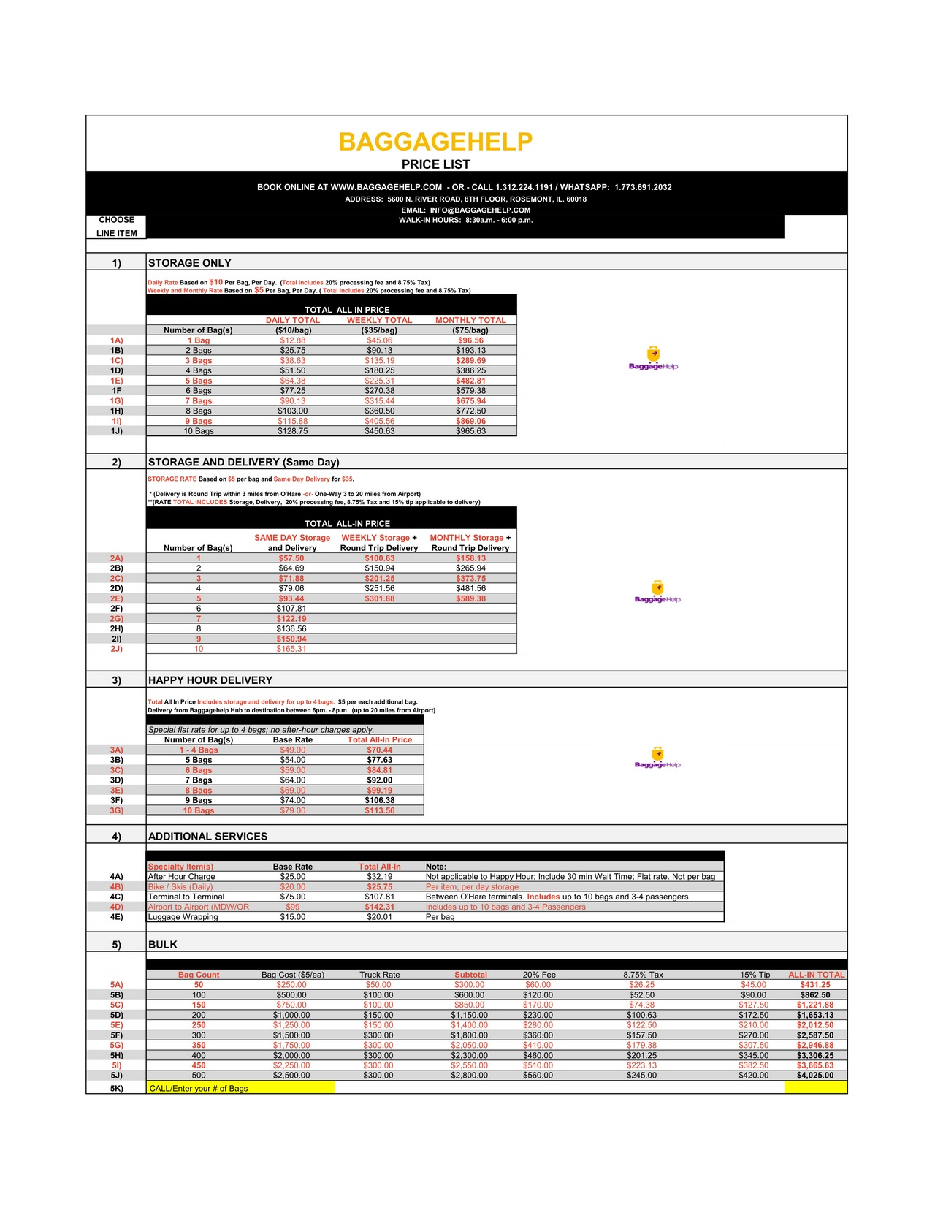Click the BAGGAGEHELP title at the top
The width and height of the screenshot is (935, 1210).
point(435,142)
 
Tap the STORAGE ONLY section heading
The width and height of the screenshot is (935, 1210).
point(189,263)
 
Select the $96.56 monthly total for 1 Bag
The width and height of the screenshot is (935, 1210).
point(470,340)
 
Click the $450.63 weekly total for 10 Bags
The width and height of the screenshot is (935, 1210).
point(379,431)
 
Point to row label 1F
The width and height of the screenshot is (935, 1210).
point(117,391)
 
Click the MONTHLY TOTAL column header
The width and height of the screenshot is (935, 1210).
point(470,320)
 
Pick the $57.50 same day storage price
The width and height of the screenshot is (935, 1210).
point(291,558)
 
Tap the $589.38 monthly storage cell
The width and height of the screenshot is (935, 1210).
point(470,598)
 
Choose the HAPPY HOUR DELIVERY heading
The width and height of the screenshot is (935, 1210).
point(210,680)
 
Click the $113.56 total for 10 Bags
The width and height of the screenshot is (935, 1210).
point(380,810)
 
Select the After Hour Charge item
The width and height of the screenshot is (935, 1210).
point(182,877)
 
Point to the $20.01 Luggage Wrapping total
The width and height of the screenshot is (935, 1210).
point(380,917)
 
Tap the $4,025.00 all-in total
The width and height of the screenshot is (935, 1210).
point(815,1076)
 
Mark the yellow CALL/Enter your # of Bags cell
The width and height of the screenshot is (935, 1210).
point(240,1088)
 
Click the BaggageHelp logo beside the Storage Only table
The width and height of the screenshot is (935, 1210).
point(654,359)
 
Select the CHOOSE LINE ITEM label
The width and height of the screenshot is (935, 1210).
point(117,227)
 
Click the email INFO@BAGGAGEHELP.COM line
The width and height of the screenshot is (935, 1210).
point(465,210)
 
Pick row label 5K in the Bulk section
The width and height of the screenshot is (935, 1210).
point(117,1088)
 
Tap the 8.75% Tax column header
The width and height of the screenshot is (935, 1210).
point(643,975)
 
